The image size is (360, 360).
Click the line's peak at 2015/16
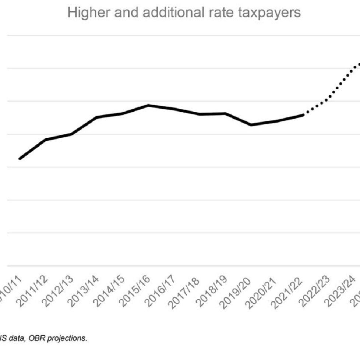pos(148,105)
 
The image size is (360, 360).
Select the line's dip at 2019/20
pos(251,125)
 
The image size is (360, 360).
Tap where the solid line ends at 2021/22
pos(303,115)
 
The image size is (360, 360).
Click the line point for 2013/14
pos(97,117)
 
